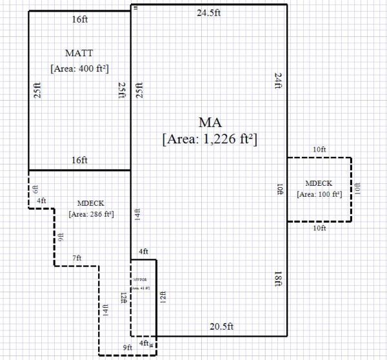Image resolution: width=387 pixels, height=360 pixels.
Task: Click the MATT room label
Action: [x=79, y=52]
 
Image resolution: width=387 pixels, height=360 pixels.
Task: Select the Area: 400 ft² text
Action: [x=79, y=68]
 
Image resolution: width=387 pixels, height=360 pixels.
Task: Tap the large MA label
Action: [x=210, y=123]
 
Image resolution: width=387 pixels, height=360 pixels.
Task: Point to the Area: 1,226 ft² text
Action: [x=210, y=139]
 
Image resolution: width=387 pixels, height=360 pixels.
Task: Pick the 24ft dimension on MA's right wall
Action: [x=279, y=81]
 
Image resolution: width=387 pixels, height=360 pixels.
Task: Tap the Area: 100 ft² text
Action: [x=319, y=194]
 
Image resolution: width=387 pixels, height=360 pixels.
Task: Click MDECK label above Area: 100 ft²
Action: [x=319, y=183]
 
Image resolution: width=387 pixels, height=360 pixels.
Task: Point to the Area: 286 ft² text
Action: [x=91, y=214]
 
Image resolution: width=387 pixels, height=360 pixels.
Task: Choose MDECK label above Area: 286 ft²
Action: [x=90, y=203]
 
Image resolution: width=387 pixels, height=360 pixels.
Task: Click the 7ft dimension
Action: [x=77, y=258]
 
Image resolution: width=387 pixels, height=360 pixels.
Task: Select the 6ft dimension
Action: [x=35, y=189]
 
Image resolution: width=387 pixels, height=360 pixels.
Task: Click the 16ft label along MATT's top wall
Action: [x=80, y=20]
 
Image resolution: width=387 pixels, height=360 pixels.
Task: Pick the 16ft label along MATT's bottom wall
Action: [x=80, y=160]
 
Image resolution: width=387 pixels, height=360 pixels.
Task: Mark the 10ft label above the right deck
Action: [x=319, y=150]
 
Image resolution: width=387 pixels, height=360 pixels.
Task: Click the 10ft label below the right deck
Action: [x=319, y=228]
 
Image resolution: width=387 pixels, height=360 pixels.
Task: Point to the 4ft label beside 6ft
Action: [x=41, y=201]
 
